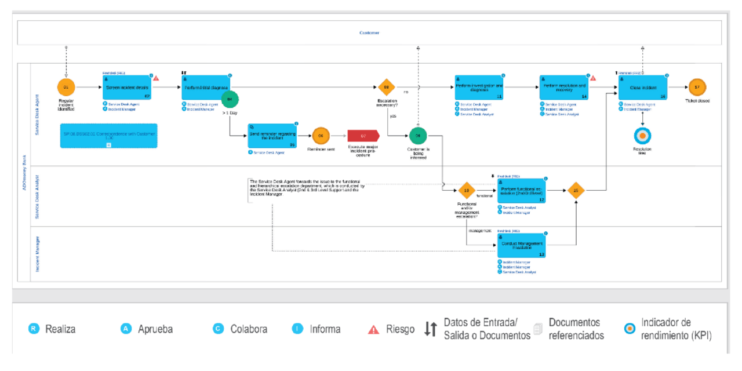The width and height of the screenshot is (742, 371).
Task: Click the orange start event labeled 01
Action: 66,88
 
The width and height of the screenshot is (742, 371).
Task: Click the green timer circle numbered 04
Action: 230,100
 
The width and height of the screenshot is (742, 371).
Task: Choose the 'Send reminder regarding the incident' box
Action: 272,137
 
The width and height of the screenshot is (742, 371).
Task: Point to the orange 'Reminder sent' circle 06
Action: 321,136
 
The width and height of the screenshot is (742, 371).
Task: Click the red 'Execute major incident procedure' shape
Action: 363,136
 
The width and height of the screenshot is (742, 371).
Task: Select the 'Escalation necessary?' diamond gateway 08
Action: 386,88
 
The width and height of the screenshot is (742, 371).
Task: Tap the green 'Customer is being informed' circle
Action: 418,136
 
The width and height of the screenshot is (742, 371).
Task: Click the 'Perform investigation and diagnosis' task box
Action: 479,88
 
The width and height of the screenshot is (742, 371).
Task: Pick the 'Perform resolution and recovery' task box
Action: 564,88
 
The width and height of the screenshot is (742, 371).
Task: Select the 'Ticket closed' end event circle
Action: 697,88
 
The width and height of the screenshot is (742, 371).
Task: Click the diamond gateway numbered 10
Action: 466,190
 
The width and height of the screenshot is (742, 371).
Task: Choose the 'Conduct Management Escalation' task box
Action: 522,245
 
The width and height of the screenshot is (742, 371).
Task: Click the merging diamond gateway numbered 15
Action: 576,190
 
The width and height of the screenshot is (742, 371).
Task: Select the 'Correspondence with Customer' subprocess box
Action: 108,135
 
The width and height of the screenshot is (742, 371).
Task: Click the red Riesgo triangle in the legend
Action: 374,329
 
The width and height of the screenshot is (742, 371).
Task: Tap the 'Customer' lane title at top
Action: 369,33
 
